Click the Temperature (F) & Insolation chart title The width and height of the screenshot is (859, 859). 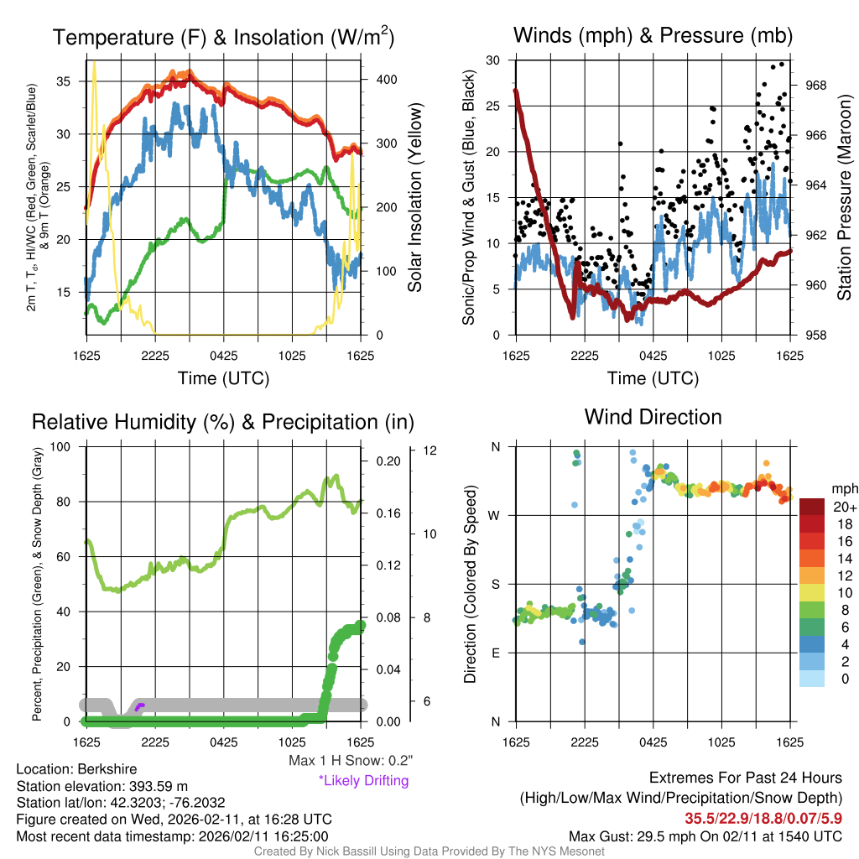[x=223, y=37]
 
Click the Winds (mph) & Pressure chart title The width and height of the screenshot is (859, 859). [x=653, y=35]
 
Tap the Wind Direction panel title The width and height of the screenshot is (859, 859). [x=653, y=417]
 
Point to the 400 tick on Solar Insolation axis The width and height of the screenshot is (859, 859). [x=383, y=79]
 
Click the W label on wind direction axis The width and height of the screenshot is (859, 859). [x=496, y=515]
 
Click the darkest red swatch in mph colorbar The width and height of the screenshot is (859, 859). [x=811, y=507]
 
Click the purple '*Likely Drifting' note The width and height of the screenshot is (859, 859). [x=363, y=781]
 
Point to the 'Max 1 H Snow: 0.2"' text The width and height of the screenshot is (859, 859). [x=351, y=761]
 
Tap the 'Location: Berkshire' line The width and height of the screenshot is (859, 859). [x=76, y=769]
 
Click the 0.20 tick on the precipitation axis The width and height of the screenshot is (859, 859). [x=387, y=461]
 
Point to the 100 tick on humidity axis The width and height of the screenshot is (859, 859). [x=65, y=446]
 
